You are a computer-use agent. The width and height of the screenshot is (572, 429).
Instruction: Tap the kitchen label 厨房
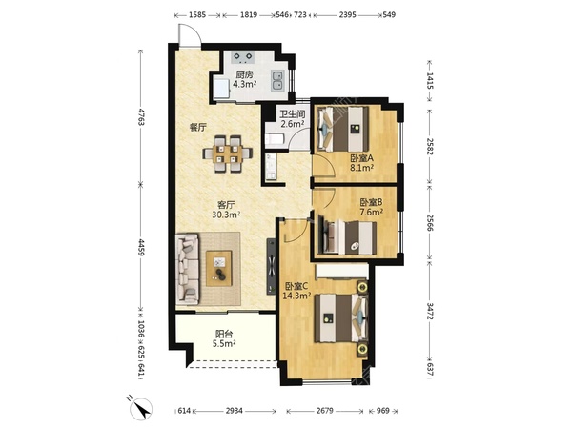[x=244, y=75]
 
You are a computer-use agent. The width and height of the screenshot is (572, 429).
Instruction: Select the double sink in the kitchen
[x=278, y=80]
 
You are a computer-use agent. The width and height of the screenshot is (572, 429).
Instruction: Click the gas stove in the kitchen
[x=243, y=57]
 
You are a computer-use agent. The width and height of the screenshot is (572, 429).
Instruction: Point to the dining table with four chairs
[x=228, y=153]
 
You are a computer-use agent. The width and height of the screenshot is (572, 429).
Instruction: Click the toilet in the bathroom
[x=274, y=140]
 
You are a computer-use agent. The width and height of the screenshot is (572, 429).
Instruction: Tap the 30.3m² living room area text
[x=226, y=214]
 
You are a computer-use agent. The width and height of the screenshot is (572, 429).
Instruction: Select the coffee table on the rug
[x=219, y=268]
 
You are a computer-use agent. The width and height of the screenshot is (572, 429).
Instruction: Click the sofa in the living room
[x=187, y=269]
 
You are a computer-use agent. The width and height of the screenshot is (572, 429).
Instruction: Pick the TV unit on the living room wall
[x=271, y=266]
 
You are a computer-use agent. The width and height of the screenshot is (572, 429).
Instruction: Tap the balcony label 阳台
[x=224, y=334]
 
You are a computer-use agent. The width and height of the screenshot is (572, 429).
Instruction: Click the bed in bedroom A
[x=343, y=129]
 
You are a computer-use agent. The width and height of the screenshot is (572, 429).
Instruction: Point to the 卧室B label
[x=372, y=202]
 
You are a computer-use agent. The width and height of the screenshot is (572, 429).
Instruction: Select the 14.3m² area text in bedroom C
[x=296, y=296]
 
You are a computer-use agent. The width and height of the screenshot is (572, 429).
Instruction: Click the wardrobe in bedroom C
[x=341, y=272]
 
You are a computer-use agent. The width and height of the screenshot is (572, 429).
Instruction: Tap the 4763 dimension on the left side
[x=140, y=116]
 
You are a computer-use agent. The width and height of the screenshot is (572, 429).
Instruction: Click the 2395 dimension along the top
[x=347, y=15]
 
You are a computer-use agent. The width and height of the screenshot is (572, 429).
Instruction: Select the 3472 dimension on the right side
[x=430, y=311]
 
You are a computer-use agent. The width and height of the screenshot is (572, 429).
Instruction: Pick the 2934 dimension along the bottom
[x=234, y=411]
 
